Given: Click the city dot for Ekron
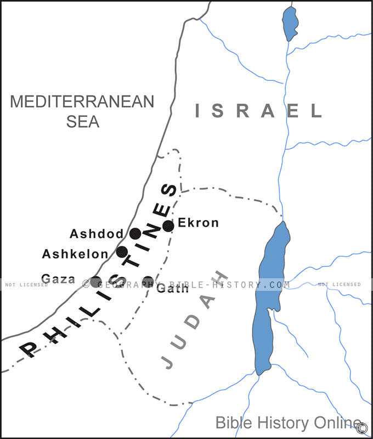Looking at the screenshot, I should pos(168,225).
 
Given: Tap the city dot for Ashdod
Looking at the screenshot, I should pos(135,234).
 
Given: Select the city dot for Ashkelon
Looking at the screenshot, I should pos(122,252).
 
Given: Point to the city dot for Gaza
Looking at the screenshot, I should pos(95,282).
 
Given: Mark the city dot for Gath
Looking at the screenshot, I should pos(148,282).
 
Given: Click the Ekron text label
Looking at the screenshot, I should pos(198,223).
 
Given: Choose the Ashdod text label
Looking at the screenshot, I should pos(97,234).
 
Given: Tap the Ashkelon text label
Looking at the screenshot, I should pos(75,254).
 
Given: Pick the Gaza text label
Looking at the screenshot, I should pos(58,279).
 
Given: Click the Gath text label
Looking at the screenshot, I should pos(172,289).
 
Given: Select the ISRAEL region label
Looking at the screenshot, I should pos(258,111).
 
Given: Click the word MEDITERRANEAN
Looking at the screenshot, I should pos(82,102).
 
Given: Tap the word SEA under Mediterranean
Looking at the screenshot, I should pos(83,121).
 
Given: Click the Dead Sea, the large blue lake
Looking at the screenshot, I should pos(269,296).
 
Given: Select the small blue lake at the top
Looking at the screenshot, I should pos(290,23).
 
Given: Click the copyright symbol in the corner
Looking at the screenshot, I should pos(362,427).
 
